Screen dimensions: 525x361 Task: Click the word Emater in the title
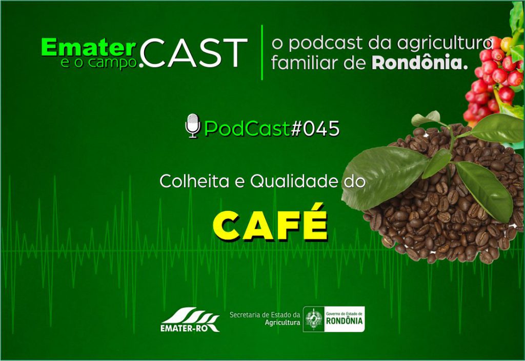coord(89,47)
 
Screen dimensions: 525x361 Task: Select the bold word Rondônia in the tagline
coord(420,62)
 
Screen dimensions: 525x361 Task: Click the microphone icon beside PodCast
coord(193,126)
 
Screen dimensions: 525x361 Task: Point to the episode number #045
coord(315,129)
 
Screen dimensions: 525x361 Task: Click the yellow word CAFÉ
coord(270,223)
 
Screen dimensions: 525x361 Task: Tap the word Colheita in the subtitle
coord(194,181)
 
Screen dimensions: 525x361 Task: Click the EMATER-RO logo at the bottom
coord(190,319)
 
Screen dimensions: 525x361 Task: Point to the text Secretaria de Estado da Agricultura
coord(265,318)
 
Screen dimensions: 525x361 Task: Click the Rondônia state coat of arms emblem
coord(314,319)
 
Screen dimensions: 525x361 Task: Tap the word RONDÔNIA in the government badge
coord(344,321)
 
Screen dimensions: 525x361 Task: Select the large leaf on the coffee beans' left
coord(385,177)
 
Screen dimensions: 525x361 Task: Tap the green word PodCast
coord(247,129)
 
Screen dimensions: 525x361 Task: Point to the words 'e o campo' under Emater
coord(99,62)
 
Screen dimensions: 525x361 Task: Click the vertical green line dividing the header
coord(262,52)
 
